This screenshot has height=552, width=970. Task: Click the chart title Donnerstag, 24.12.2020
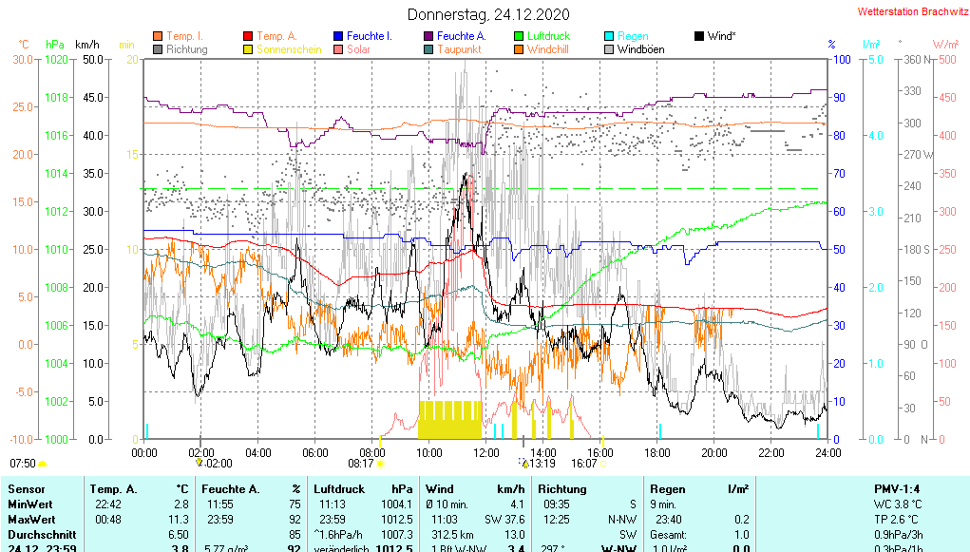(488, 14)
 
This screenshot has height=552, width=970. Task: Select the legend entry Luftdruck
(548, 36)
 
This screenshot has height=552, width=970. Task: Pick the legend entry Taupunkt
(459, 49)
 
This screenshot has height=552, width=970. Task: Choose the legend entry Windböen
(640, 49)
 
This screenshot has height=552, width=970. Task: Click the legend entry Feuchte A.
(461, 36)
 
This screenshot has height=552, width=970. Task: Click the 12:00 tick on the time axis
(486, 453)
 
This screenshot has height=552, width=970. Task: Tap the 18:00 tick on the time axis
(657, 453)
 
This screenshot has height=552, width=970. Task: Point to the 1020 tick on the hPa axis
(56, 59)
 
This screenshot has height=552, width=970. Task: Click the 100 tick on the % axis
(841, 59)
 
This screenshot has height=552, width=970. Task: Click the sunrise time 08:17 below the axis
(361, 464)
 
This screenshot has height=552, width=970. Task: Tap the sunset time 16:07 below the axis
(583, 464)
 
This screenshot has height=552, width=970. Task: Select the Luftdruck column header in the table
(339, 488)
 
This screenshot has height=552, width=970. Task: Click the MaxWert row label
(31, 520)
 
